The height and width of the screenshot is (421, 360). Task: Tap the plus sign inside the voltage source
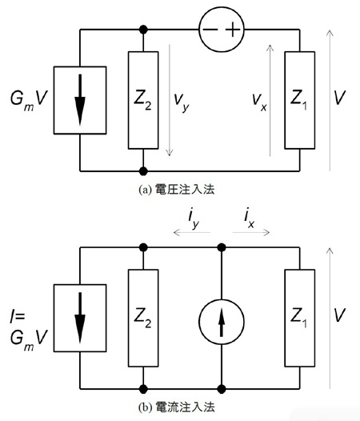pos(233,30)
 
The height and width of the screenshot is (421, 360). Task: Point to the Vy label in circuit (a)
pos(182,102)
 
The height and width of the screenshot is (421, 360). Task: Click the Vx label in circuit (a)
pos(259,102)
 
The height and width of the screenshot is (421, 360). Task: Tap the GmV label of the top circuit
pos(29,99)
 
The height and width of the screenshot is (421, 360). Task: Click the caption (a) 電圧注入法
pos(177,190)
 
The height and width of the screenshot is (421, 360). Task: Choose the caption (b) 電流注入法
pos(177,407)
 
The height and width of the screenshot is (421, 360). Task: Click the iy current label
pos(194,219)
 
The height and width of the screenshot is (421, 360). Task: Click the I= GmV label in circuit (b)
pos(29,332)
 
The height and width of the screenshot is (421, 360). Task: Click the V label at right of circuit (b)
pos(339,315)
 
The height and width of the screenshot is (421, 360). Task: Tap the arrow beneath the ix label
pos(251,232)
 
